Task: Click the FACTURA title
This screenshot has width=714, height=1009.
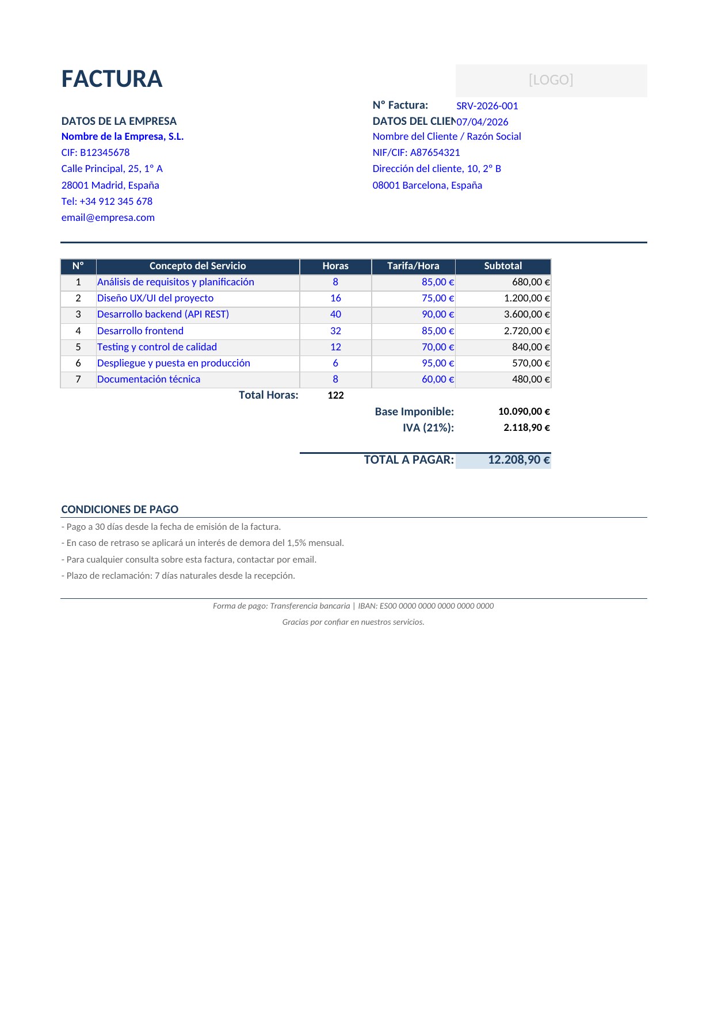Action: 112,79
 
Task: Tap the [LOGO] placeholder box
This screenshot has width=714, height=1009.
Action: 551,80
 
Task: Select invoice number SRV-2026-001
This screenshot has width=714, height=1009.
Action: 487,106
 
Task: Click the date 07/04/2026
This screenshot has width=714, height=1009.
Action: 483,122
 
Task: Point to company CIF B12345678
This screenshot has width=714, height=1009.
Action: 96,152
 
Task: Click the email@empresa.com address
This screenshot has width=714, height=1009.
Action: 108,217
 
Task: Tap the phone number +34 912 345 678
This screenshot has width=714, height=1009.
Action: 107,201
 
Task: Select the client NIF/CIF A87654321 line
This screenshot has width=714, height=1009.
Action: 416,152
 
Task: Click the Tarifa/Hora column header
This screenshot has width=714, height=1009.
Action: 413,266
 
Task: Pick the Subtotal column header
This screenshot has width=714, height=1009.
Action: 503,266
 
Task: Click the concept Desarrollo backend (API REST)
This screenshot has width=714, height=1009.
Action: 163,314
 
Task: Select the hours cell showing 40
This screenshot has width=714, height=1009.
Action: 335,314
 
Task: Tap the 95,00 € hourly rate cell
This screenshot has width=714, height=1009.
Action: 438,363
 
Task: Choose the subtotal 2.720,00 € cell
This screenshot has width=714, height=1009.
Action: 526,331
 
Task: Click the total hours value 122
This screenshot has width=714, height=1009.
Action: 335,395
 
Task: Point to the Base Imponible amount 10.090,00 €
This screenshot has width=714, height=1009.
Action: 524,411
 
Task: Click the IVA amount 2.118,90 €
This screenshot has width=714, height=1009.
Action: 526,427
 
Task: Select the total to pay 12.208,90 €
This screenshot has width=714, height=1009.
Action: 518,460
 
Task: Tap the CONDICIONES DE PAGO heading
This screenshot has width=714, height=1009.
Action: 120,509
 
